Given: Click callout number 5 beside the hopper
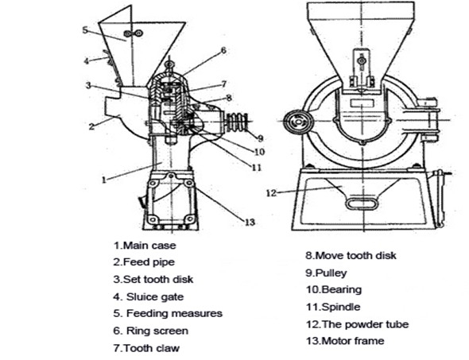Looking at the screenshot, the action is click(x=85, y=30).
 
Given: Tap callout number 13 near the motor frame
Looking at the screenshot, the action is click(x=250, y=223).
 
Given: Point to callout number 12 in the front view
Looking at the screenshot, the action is click(x=271, y=193).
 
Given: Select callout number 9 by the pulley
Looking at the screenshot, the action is click(x=260, y=138).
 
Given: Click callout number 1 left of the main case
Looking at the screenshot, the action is click(x=104, y=180).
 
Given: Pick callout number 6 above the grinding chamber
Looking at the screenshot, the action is click(x=223, y=51).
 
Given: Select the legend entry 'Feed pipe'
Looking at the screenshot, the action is click(x=144, y=262).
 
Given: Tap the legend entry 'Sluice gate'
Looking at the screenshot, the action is click(x=149, y=297).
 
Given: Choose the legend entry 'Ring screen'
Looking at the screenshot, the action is click(x=151, y=331).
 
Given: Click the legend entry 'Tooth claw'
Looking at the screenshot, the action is click(x=146, y=348).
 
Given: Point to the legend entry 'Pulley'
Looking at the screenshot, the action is click(x=326, y=273).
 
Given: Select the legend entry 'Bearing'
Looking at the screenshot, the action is click(x=334, y=289).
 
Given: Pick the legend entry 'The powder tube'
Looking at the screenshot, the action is click(x=357, y=324).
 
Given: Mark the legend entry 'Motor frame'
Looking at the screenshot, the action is click(x=345, y=341).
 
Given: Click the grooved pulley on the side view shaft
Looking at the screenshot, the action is click(x=238, y=122).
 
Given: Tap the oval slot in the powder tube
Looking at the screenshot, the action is click(x=362, y=203).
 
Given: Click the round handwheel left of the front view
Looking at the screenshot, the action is click(x=299, y=122).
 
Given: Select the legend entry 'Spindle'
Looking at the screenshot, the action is click(x=333, y=307).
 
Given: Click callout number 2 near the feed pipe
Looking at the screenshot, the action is click(x=91, y=126).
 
